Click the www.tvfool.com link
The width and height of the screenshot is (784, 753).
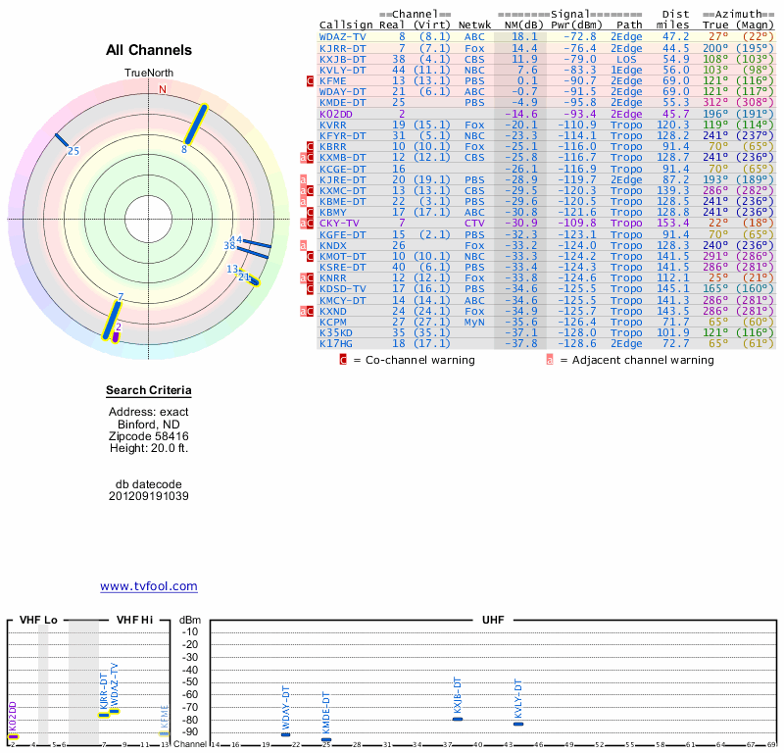tap(149, 586)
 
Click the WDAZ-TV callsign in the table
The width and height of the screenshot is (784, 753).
tap(343, 36)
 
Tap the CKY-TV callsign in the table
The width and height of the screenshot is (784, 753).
tap(339, 223)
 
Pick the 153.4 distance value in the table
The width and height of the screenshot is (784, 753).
tap(674, 223)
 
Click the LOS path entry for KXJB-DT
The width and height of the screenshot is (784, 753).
tap(627, 59)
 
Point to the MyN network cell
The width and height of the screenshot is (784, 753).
tap(474, 321)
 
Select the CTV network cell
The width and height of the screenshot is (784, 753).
tap(474, 223)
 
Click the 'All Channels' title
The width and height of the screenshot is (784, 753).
tap(149, 50)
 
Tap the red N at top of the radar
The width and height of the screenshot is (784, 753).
tap(163, 90)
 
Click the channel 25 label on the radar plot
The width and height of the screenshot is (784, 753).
tap(73, 151)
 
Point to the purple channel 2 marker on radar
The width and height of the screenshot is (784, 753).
tap(117, 336)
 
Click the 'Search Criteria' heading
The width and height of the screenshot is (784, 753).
tap(149, 391)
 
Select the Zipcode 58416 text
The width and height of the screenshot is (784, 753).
tap(149, 436)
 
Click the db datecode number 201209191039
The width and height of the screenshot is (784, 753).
tap(149, 496)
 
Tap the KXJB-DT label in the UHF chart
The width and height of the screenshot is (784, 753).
tap(457, 695)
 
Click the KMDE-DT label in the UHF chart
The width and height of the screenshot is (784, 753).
tap(326, 714)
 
